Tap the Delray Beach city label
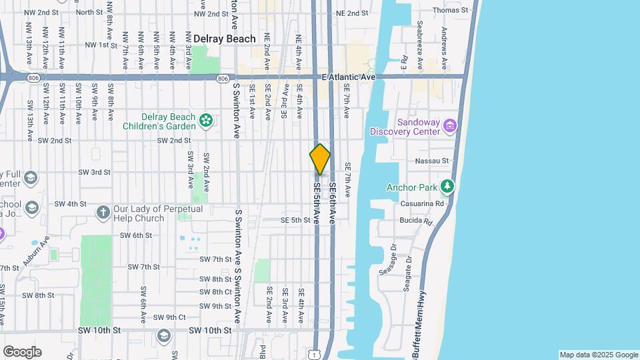click(225, 39)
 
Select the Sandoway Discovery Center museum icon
click(451, 126)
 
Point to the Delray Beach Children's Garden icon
click(206, 121)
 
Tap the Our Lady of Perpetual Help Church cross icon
click(103, 213)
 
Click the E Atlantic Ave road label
click(349, 77)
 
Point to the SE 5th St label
click(295, 219)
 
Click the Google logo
click(22, 352)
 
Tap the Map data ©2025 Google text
click(599, 355)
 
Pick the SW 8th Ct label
click(215, 292)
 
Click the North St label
click(89, 12)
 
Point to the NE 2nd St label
click(352, 13)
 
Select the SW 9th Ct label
click(169, 317)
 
